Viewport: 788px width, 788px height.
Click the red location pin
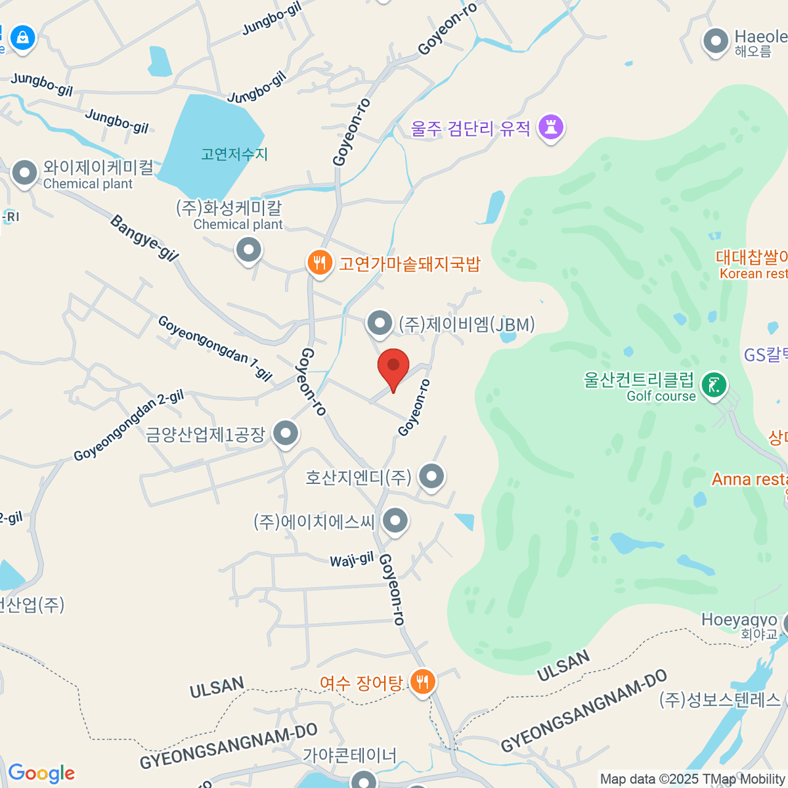[393, 366]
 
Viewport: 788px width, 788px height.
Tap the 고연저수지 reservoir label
[234, 154]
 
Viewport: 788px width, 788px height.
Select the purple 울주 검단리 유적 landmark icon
[551, 127]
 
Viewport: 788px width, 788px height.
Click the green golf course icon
[714, 385]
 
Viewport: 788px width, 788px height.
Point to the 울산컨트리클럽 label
[638, 380]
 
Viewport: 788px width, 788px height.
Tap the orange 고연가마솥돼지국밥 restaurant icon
[319, 263]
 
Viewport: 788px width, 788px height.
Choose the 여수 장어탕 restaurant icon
[422, 683]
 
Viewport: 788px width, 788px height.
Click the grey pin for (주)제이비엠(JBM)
[379, 323]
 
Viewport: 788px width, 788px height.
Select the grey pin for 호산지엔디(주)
[431, 476]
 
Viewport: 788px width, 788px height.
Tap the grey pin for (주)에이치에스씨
[395, 521]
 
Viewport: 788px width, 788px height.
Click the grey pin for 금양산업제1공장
[286, 433]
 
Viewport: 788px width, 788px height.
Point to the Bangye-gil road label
[144, 238]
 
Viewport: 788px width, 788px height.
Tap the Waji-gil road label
[351, 560]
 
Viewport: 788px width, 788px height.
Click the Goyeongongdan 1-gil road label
[215, 348]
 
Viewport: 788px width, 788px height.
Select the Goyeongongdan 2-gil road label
[129, 426]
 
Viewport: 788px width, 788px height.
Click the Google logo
[41, 774]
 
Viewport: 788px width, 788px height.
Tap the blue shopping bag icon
[23, 37]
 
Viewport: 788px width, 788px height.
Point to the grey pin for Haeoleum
[716, 41]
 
